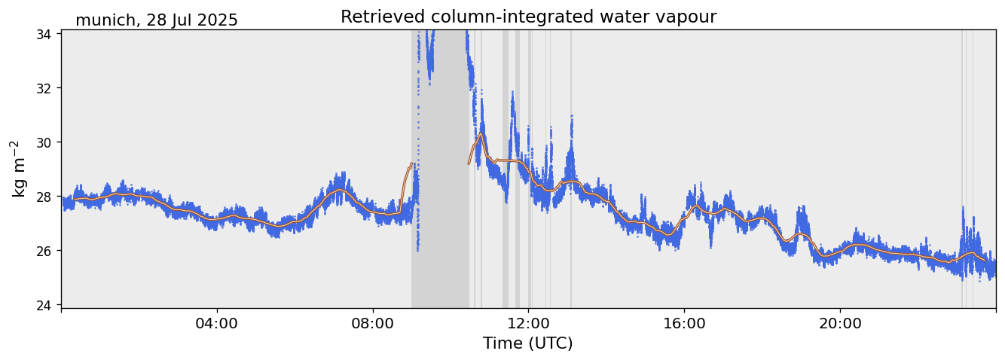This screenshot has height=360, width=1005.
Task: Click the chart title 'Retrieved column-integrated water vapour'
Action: click(528, 17)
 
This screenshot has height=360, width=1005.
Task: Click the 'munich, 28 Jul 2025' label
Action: click(157, 20)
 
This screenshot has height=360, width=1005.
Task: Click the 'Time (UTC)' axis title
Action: click(528, 343)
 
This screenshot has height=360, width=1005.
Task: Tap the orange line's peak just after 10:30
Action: click(481, 134)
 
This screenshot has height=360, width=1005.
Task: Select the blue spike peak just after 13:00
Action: click(572, 116)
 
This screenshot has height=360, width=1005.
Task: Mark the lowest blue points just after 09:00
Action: click(417, 249)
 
